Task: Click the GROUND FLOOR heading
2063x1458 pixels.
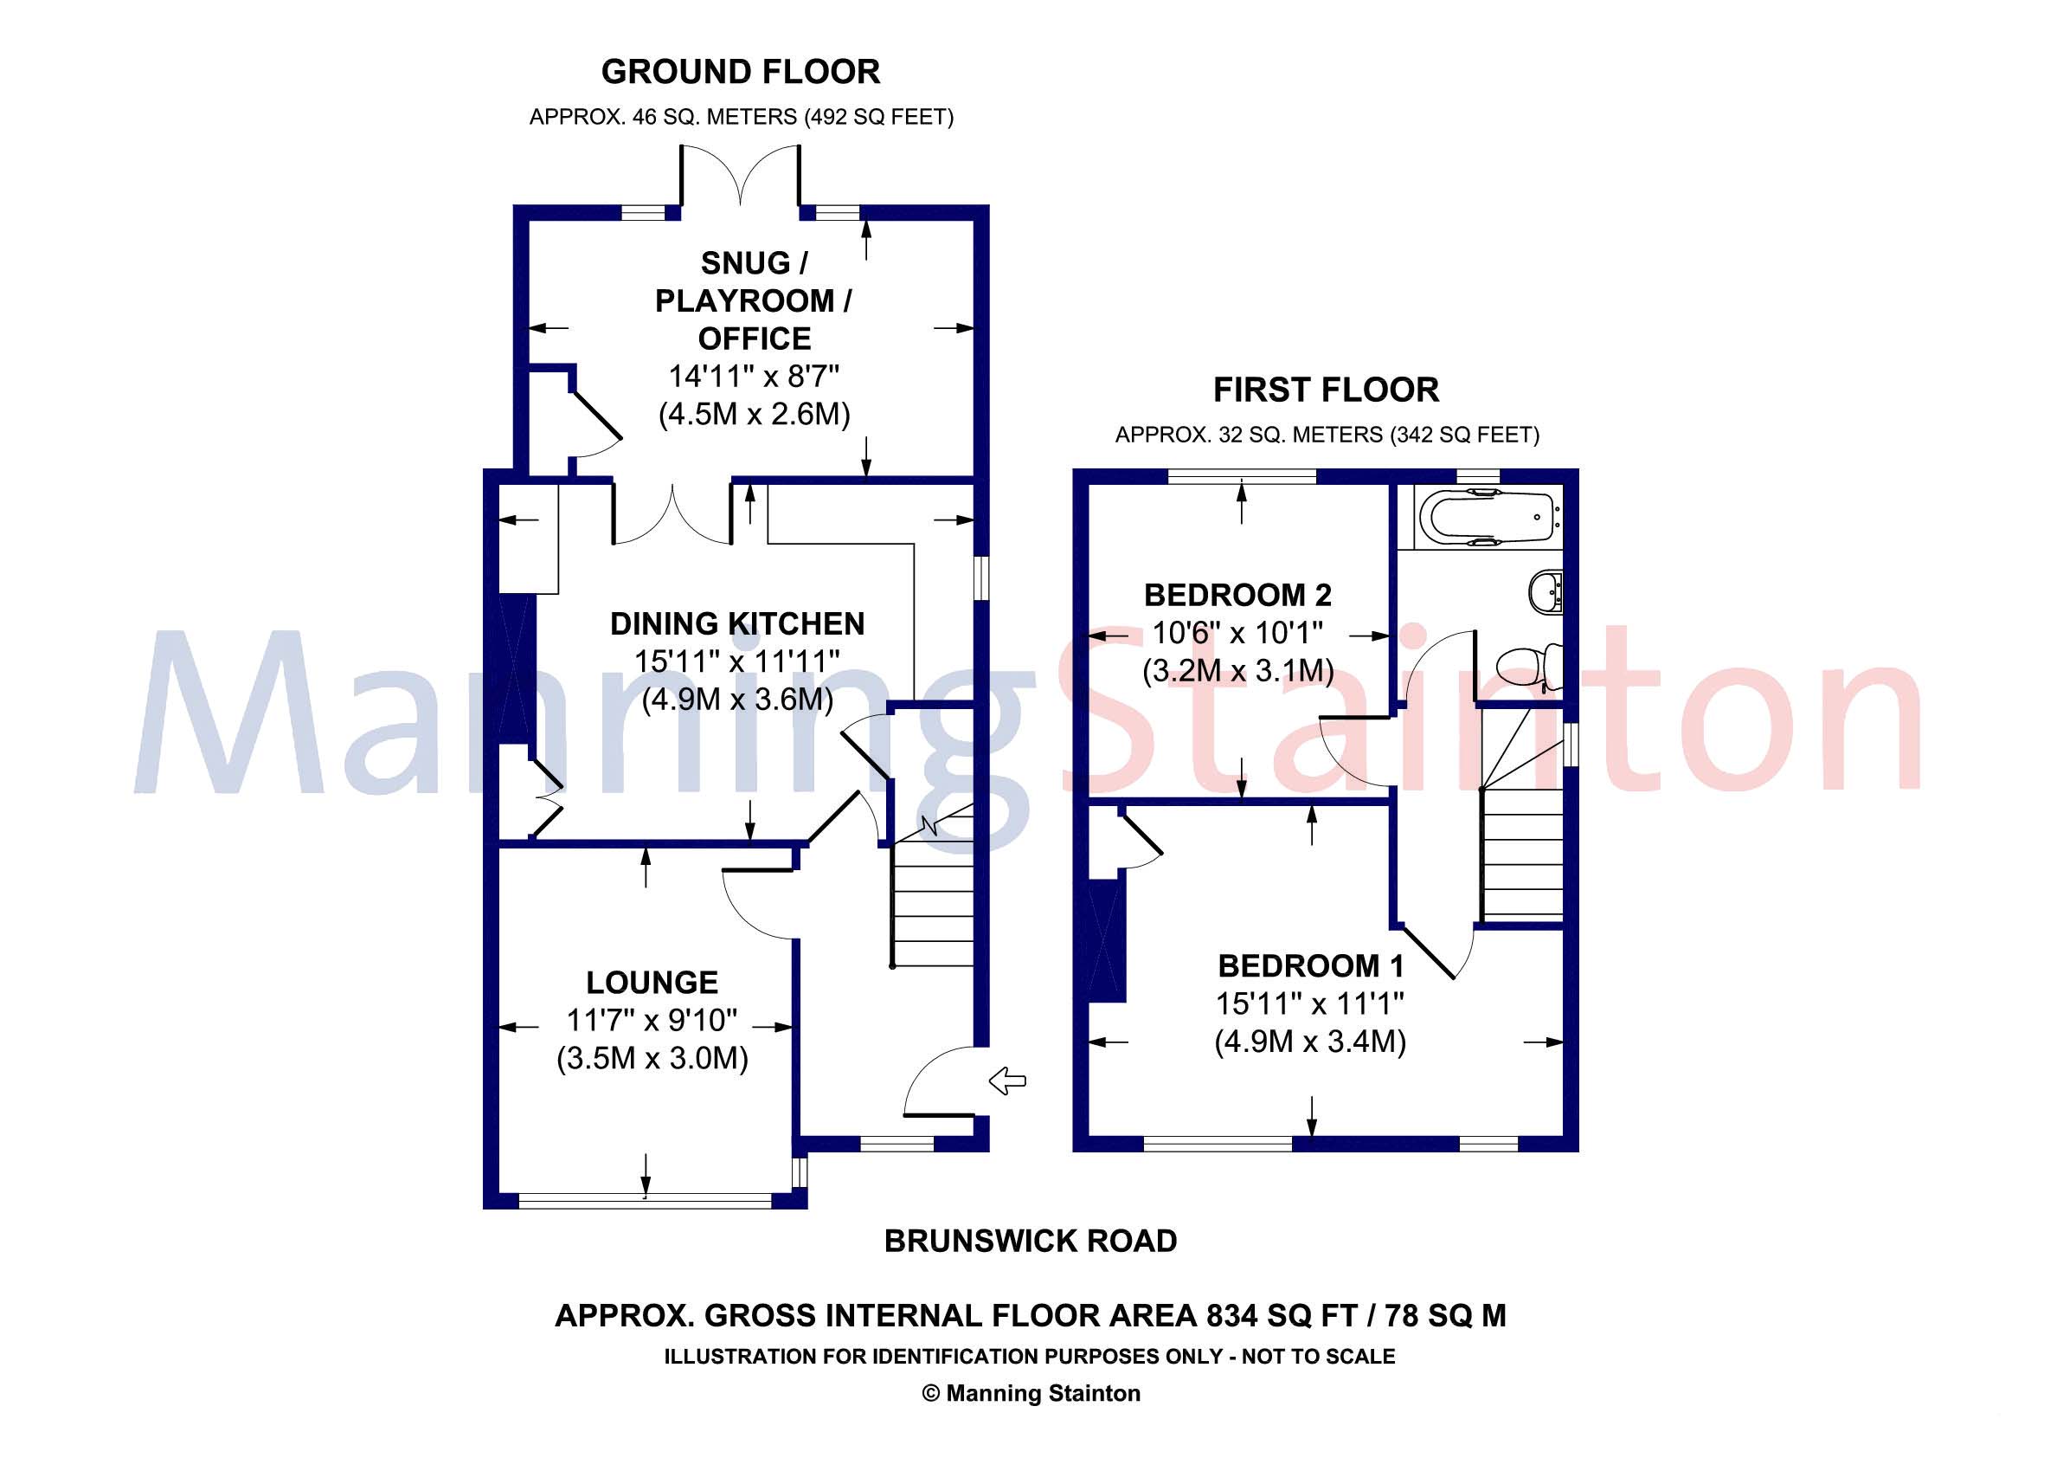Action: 741,72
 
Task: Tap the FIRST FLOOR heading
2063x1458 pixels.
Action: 1327,390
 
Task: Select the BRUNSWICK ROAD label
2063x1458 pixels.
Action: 1031,1242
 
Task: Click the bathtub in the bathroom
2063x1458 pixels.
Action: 1488,517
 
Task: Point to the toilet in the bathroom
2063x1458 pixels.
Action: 1530,666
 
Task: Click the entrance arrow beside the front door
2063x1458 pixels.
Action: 1007,1081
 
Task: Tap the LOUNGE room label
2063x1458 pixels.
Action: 652,983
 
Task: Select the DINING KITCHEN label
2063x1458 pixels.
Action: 736,624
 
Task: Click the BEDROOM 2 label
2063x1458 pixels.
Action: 1237,595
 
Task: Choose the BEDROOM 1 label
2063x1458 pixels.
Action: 1310,966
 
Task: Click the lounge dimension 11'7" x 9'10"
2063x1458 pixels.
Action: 652,1020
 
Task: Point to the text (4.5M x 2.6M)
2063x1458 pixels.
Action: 754,415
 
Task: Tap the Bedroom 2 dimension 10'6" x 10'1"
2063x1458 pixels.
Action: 1237,633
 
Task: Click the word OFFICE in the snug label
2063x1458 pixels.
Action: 754,339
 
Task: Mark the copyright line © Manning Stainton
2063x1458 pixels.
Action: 1031,1393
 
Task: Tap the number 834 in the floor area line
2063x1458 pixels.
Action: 1234,1316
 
